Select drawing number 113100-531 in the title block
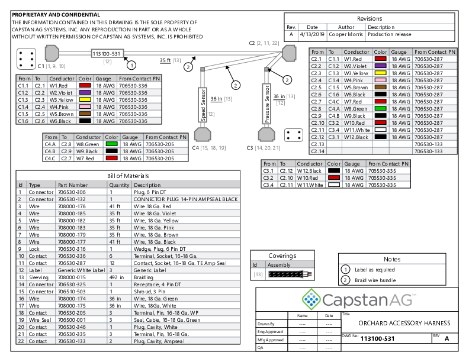pos(378,338)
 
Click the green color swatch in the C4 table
pos(111,143)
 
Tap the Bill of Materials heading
pos(128,176)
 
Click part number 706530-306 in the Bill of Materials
pos(72,192)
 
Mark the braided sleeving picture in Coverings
pos(287,274)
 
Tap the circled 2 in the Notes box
pos(346,280)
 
